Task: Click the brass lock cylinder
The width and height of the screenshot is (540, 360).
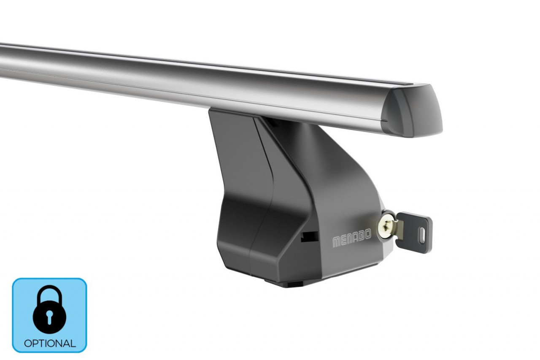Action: coord(386,228)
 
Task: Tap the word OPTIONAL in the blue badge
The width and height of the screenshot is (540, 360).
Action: coord(49,343)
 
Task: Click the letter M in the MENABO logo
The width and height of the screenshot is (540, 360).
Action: coord(337,243)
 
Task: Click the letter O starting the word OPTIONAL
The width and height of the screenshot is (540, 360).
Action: coord(28,343)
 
